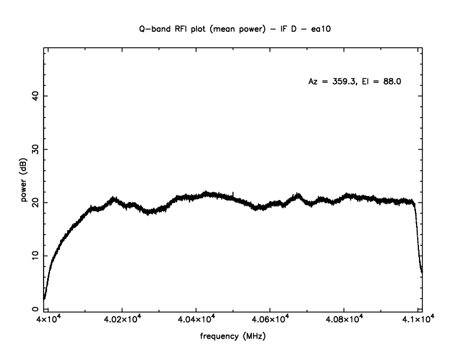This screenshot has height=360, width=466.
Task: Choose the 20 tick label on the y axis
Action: (x=35, y=202)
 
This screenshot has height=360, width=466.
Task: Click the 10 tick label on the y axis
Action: (x=35, y=255)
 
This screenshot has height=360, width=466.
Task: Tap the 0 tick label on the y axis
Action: (x=35, y=309)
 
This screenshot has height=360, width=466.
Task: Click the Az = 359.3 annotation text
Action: (x=331, y=82)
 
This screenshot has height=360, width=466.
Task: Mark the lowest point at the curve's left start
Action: (x=44, y=298)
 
